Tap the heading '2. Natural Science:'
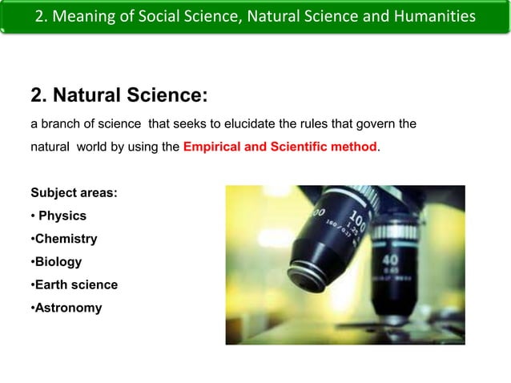point(119,96)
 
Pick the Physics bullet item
point(62,216)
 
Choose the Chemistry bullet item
point(65,239)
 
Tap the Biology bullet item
point(57,261)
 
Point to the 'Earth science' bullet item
point(75,284)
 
